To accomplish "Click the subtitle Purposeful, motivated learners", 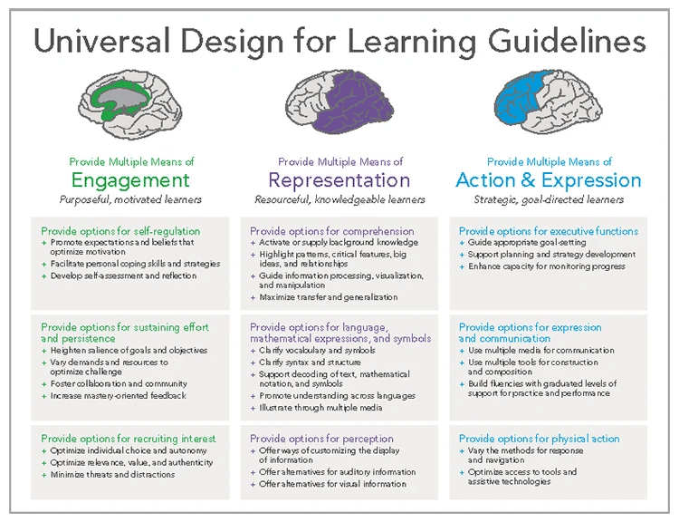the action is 130,199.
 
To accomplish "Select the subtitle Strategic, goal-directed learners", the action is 549,199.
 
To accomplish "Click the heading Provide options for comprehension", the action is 331,231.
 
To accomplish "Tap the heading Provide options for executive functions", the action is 549,231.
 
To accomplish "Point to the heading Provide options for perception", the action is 321,439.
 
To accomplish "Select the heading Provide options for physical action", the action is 539,439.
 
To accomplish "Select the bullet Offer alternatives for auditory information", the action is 337,472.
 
